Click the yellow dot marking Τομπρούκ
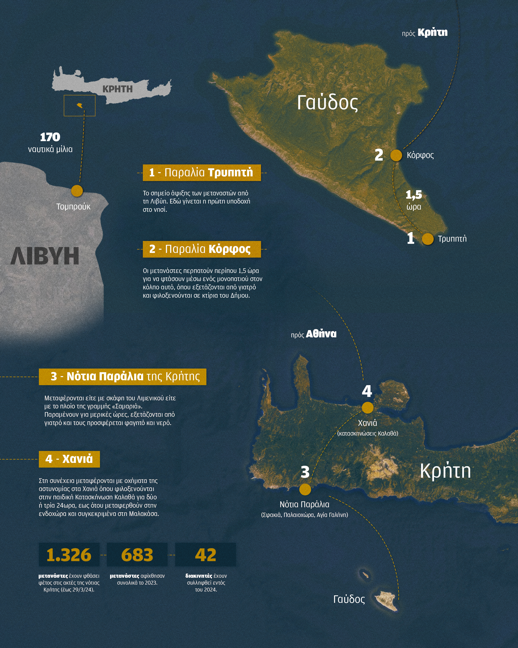[77, 191]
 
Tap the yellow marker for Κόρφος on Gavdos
[396, 155]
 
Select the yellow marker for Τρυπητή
[428, 239]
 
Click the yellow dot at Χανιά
[367, 408]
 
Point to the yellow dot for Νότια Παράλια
[305, 489]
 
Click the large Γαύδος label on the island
[327, 102]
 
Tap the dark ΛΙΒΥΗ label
[45, 256]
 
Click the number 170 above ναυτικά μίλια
[50, 137]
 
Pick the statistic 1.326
[69, 555]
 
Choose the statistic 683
[137, 555]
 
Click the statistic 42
[205, 555]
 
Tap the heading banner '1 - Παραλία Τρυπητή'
[202, 173]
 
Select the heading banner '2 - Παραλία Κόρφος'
[202, 249]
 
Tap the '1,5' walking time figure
[414, 195]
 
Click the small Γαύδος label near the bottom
[349, 599]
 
